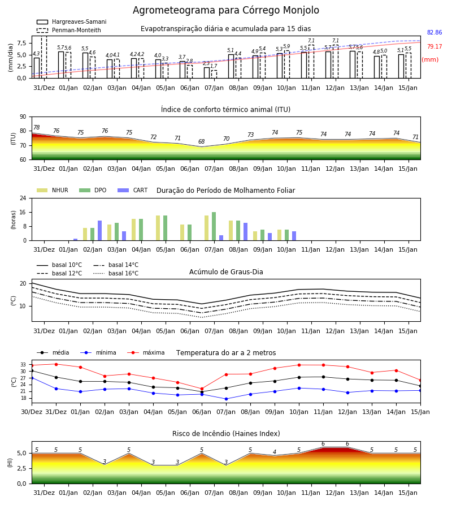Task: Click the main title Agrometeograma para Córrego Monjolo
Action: (x=226, y=10)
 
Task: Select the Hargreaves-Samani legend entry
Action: (x=71, y=21)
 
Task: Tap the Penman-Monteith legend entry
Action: (x=69, y=30)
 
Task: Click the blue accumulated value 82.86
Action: (x=434, y=32)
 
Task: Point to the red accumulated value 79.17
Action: (x=434, y=46)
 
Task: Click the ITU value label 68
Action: (x=201, y=141)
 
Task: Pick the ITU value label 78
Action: (x=37, y=127)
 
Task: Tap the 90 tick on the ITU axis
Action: (x=23, y=117)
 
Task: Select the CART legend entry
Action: (x=133, y=190)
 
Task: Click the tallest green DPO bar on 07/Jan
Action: (x=214, y=226)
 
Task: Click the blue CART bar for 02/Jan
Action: (x=99, y=231)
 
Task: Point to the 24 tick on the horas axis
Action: (x=23, y=198)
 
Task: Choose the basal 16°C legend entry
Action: (x=116, y=273)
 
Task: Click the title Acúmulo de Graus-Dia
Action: (x=226, y=271)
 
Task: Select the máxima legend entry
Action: (x=146, y=352)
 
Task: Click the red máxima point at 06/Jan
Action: (x=202, y=389)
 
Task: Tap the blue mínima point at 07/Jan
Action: (x=227, y=399)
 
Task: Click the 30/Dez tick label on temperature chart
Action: (x=32, y=412)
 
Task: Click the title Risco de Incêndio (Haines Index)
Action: (x=226, y=434)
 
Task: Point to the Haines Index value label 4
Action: (x=275, y=452)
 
